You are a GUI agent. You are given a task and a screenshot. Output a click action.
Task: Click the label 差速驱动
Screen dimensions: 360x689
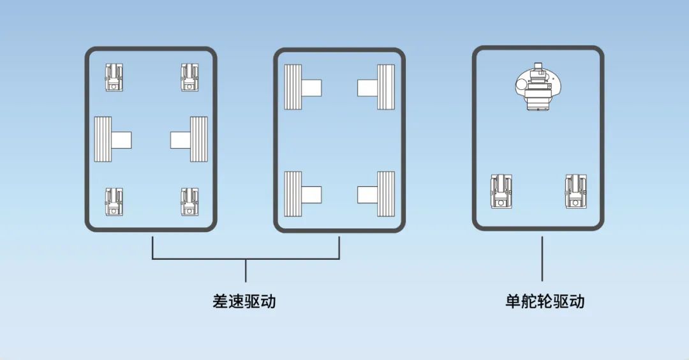pos(244,301)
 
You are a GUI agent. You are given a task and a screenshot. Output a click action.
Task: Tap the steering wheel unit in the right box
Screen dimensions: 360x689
pos(537,87)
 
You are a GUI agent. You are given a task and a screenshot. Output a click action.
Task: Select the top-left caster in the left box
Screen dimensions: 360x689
pos(114,77)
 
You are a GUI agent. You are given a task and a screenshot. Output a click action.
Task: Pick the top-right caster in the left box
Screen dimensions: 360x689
pos(190,77)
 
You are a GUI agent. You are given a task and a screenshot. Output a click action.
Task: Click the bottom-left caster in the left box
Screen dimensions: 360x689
pos(114,202)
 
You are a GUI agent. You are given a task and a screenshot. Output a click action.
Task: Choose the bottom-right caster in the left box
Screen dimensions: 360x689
pos(190,202)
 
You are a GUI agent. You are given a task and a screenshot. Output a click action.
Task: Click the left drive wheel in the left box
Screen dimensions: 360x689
pos(112,139)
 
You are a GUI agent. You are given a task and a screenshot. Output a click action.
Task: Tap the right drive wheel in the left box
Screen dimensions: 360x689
pos(189,139)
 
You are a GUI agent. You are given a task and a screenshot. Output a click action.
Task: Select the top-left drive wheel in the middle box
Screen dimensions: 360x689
pos(302,87)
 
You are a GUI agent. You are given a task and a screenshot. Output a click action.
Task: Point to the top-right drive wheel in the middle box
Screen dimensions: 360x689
pos(376,87)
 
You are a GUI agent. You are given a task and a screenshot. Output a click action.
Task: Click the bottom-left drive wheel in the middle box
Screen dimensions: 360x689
pos(302,194)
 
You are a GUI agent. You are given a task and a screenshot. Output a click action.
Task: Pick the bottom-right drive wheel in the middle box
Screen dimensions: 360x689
pos(376,194)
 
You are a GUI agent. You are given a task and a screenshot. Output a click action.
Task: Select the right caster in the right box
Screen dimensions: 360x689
pos(576,191)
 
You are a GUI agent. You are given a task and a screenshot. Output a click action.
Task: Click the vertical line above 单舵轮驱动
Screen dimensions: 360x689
pos(542,259)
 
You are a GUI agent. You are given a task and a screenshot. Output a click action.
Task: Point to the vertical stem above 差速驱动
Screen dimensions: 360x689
pos(246,271)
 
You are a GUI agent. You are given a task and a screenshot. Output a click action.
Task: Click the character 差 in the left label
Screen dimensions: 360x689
pos(220,301)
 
